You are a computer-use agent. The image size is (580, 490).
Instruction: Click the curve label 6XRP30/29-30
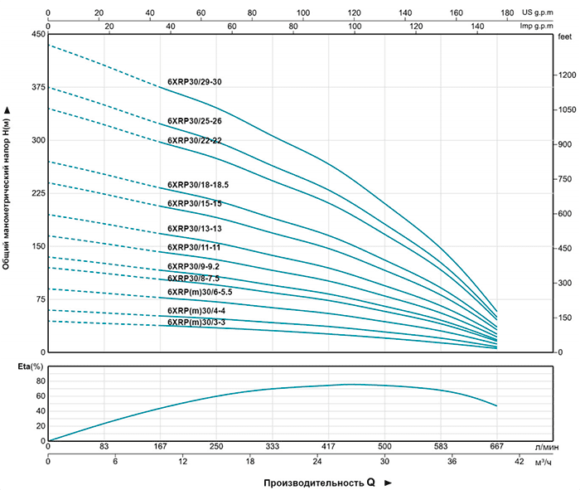194,82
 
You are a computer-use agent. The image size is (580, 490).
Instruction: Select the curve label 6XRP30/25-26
194,121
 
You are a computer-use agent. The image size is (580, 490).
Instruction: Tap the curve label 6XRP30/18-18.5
197,184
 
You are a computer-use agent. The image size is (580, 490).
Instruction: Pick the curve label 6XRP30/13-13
194,228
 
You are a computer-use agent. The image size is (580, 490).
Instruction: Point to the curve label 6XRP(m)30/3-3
196,322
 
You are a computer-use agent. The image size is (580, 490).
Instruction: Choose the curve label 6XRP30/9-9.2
193,266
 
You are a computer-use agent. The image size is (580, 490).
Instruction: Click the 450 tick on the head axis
37,35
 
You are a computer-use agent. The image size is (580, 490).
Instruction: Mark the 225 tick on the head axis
37,193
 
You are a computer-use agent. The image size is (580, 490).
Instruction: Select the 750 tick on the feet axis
566,178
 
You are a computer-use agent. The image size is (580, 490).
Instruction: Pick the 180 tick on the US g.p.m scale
495,13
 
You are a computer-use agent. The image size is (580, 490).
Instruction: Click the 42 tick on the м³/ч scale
519,461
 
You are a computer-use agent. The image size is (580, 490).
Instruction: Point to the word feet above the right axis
566,37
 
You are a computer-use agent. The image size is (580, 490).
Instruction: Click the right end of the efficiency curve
496,405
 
